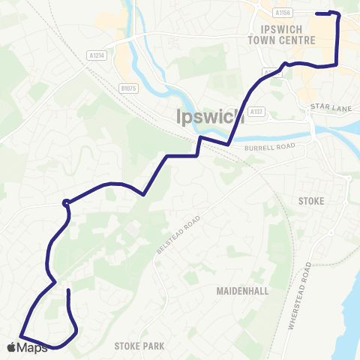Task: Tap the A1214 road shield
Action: tap(95, 55)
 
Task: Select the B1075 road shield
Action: tap(128, 88)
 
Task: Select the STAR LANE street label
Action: tap(326, 108)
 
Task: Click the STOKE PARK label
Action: tap(139, 346)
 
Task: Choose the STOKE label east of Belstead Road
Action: tap(310, 201)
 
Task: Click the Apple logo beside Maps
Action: tap(11, 346)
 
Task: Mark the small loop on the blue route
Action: tap(67, 201)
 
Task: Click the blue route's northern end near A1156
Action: tap(318, 13)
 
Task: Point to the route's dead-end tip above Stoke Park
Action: tap(68, 289)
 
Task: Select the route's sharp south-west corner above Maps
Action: tap(20, 334)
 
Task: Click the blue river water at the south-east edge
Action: tap(349, 315)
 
